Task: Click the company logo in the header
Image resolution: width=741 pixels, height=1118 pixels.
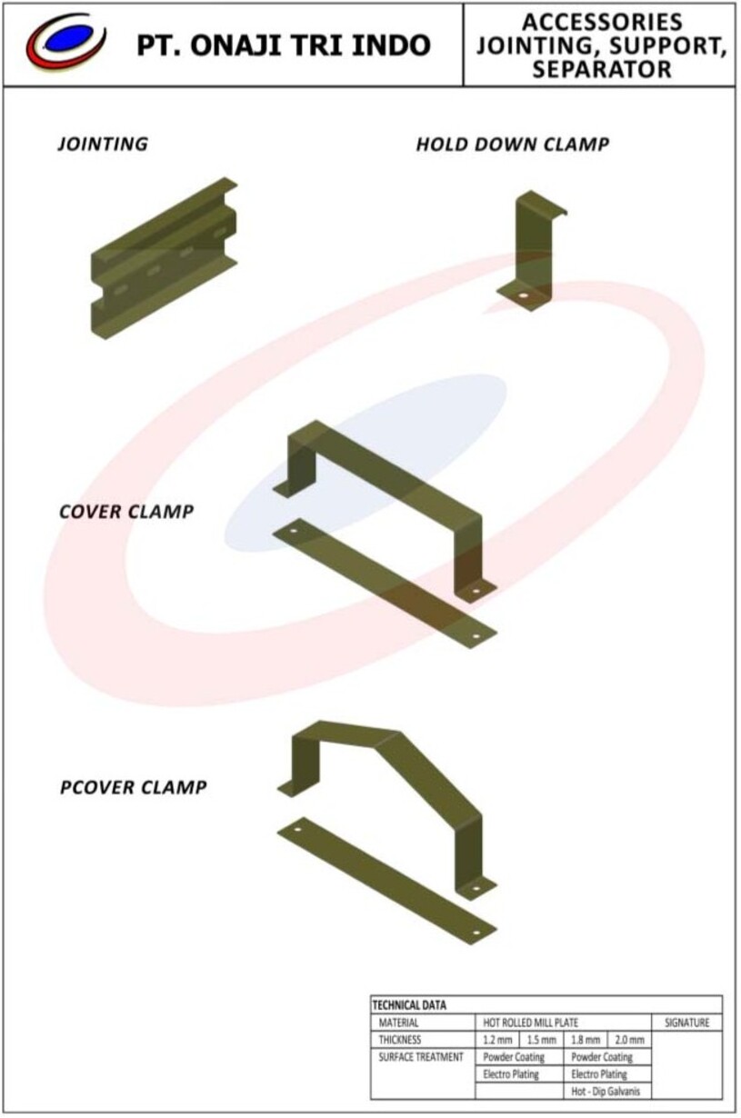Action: pos(65,41)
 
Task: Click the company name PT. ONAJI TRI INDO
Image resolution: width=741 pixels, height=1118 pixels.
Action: pos(284,45)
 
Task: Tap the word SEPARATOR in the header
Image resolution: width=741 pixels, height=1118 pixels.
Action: pos(602,69)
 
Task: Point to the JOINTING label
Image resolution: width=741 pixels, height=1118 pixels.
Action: pos(103,145)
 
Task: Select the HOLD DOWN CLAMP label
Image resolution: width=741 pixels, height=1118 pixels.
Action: pos(513,145)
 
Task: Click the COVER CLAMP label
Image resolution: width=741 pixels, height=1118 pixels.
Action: pos(126,512)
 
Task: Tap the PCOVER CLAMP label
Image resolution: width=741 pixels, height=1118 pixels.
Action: pos(134,787)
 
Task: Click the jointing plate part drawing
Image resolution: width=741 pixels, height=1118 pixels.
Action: pos(164,258)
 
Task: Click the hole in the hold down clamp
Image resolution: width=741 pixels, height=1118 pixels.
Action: pos(523,296)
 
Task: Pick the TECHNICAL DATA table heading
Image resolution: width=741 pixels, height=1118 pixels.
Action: pos(409,1004)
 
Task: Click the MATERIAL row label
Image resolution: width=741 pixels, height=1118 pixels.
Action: pos(398,1023)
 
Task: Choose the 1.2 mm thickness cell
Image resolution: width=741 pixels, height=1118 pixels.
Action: pos(497,1040)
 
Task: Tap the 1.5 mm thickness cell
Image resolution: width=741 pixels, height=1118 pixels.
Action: pos(541,1040)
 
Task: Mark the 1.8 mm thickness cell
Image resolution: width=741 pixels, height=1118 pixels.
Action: pos(586,1040)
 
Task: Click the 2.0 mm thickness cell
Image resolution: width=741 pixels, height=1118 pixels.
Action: pos(630,1040)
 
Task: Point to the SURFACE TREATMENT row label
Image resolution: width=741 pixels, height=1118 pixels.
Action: pos(421,1057)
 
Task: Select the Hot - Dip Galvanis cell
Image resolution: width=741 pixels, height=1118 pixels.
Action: pos(606,1092)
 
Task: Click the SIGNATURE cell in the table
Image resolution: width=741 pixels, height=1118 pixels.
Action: pos(687,1023)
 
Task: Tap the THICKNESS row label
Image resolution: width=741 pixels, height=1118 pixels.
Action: pos(399,1040)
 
